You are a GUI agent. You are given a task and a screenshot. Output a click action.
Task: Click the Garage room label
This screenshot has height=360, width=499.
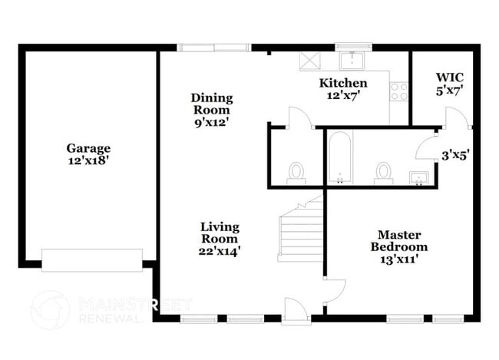pos(88,148)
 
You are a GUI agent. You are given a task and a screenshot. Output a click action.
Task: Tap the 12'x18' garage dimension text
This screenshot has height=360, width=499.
pos(88,160)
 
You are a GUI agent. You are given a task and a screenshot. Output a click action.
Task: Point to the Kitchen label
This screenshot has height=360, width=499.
pos(343,83)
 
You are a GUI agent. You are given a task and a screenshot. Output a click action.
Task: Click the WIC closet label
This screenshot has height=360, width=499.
pos(449,78)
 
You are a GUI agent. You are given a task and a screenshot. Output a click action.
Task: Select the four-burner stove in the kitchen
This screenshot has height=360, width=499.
pos(399,91)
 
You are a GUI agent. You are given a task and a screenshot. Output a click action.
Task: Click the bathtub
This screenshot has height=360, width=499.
pos(339,158)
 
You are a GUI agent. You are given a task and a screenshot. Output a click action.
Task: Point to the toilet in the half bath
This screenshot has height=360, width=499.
pos(296,173)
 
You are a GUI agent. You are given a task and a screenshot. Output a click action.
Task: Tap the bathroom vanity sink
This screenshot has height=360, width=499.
pos(418,179)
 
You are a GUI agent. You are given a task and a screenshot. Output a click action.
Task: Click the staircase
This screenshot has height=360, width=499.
pos(300,230)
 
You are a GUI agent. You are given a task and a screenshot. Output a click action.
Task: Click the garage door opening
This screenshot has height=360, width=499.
pos(92,259)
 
